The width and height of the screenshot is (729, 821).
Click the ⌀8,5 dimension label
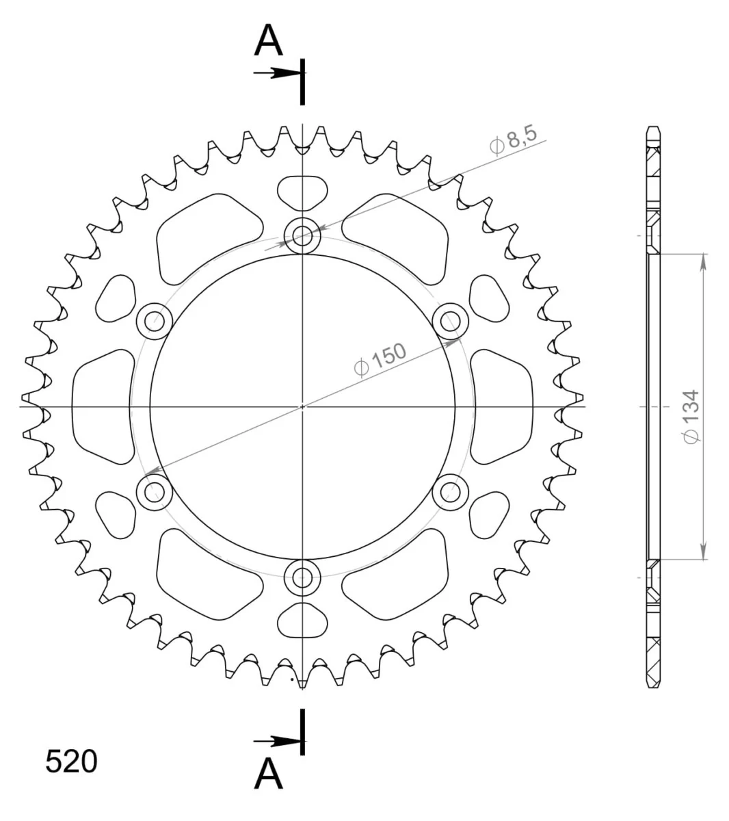point(513,141)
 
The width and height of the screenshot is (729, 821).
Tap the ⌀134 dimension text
point(691,417)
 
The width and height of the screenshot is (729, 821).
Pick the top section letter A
point(268,40)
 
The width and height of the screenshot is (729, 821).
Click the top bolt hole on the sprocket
point(302,236)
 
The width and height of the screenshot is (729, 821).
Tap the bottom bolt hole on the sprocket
point(302,577)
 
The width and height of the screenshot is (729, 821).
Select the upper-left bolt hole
point(155,322)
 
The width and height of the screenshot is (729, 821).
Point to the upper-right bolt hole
point(451,322)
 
